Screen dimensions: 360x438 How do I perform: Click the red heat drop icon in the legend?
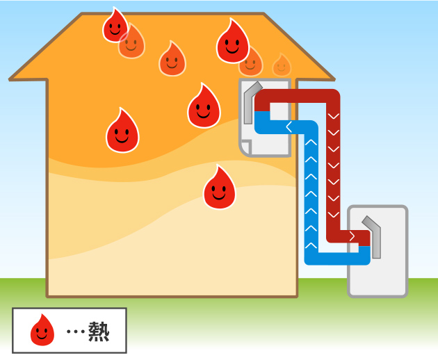(42, 330)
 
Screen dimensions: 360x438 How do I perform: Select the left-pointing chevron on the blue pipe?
(289, 126)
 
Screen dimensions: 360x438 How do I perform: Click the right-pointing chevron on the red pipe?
(352, 237)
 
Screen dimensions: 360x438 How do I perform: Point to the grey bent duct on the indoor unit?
(250, 102)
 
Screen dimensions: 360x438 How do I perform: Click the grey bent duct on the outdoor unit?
(373, 236)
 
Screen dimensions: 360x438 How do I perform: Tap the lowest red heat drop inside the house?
(219, 188)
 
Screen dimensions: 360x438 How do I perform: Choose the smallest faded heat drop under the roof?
(281, 65)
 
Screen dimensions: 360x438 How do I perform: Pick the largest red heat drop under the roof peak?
(232, 42)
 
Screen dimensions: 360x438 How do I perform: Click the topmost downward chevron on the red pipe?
(333, 115)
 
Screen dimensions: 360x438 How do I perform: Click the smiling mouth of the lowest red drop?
(219, 196)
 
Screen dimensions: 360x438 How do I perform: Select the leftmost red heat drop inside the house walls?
(122, 131)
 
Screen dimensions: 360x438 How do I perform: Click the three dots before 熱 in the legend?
(74, 332)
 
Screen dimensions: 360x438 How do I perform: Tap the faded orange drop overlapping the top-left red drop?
(131, 44)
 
